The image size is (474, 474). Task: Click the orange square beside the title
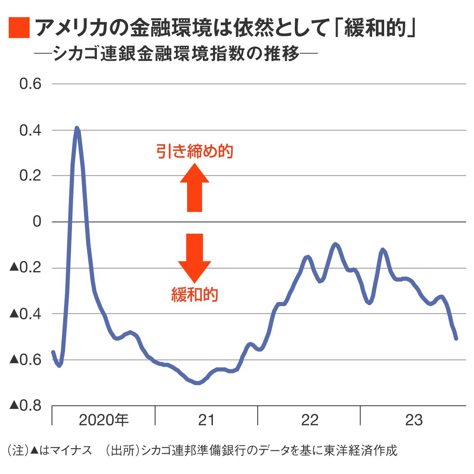[x=19, y=28]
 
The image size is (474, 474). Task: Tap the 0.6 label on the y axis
[x=30, y=84]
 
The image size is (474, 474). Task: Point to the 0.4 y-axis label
[x=30, y=130]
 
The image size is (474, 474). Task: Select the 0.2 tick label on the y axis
[x=30, y=176]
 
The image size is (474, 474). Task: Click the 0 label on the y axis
[x=37, y=222]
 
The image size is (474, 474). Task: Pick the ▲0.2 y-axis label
[x=25, y=268]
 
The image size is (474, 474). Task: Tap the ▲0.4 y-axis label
[x=25, y=314]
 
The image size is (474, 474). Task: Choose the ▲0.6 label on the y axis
[x=25, y=359]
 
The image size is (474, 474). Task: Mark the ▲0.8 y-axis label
[x=25, y=405]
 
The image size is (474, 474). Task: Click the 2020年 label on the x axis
[x=104, y=420]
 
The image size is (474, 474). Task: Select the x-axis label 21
[x=206, y=420]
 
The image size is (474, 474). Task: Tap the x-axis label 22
[x=309, y=420]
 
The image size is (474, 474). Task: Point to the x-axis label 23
[x=414, y=420]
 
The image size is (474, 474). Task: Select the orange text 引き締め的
[x=195, y=151]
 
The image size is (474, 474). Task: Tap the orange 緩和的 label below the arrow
[x=195, y=294]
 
